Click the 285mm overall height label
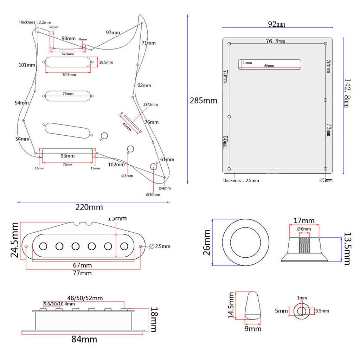[203, 101]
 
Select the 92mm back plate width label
[276, 24]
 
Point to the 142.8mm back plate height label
[347, 93]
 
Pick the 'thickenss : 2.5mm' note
[241, 180]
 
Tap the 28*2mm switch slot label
[150, 105]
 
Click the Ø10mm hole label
[153, 194]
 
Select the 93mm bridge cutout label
[67, 156]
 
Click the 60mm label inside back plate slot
[269, 66]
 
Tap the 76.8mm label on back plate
[275, 41]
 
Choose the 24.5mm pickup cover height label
[15, 240]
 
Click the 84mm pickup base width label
[84, 340]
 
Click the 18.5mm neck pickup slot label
[106, 62]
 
